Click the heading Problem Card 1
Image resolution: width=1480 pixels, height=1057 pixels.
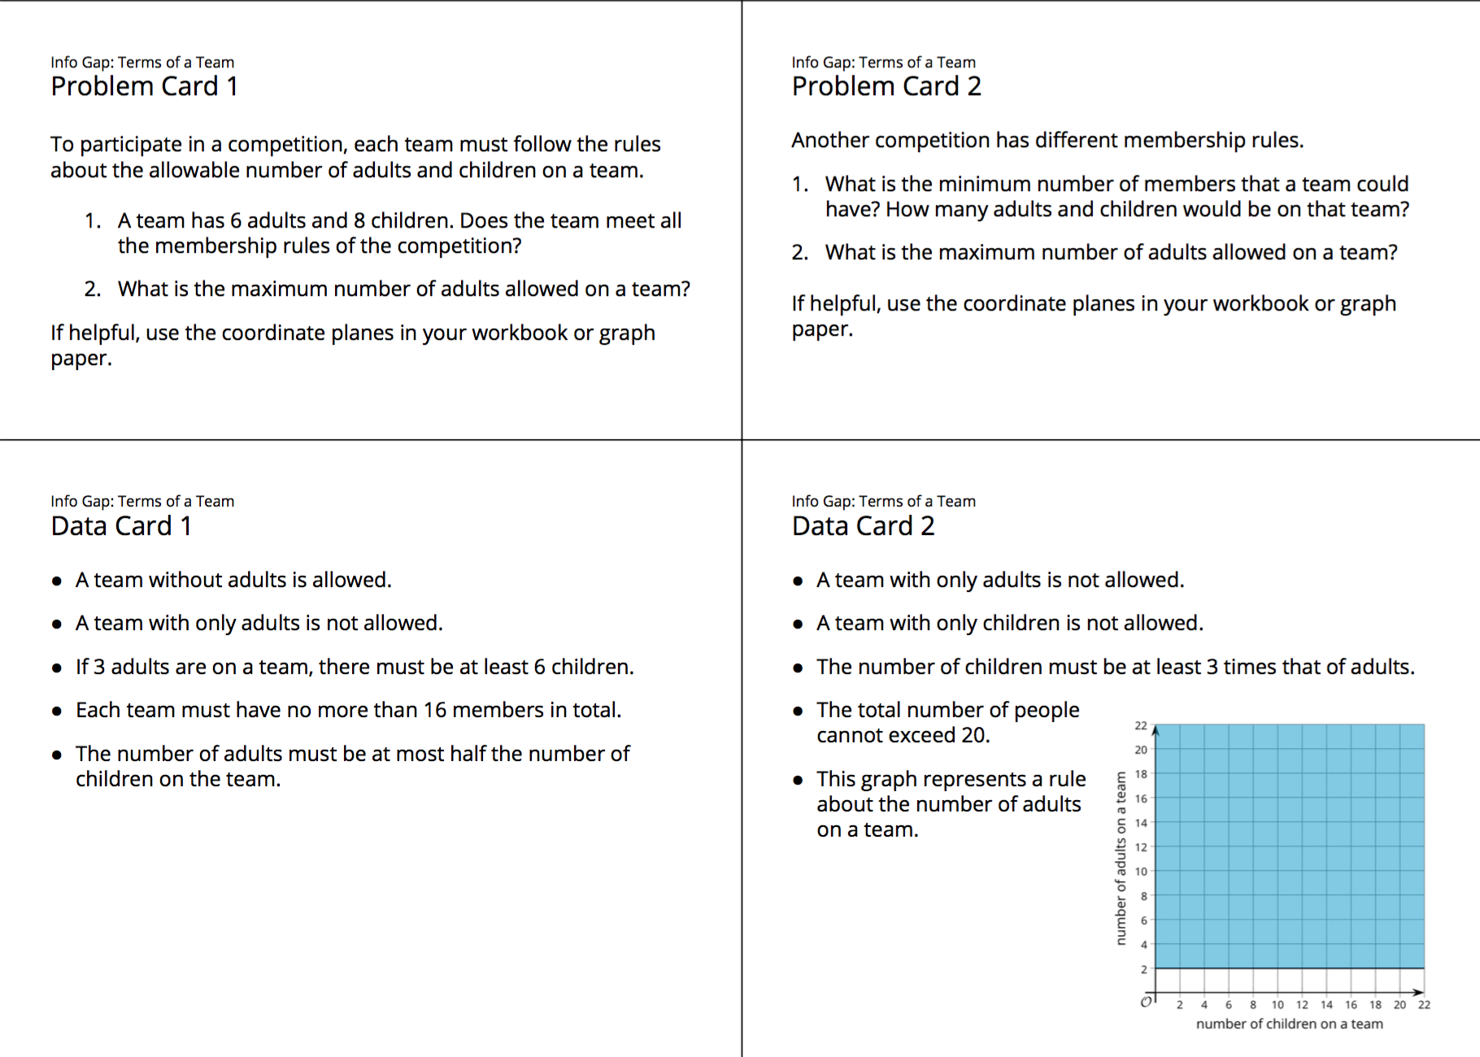tap(144, 86)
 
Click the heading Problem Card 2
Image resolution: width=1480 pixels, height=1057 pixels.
tap(886, 86)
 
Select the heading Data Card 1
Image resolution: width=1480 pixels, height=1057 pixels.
tap(121, 526)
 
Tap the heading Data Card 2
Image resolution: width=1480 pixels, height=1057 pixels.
tap(863, 526)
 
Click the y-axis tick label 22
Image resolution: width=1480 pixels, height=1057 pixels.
tap(1141, 725)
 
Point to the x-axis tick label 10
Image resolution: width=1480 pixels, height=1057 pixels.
tap(1278, 1005)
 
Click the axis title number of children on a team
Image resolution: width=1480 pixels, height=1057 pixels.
tap(1289, 1024)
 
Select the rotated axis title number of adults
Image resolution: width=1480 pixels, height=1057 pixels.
tap(1121, 859)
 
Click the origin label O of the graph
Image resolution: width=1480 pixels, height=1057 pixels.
tap(1146, 1002)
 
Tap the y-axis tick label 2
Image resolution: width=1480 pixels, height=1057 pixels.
tap(1143, 969)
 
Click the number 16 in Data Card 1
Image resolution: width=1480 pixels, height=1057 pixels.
tap(435, 710)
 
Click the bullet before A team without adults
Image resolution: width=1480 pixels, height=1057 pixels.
tap(57, 581)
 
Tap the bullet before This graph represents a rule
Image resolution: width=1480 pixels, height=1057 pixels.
tap(798, 780)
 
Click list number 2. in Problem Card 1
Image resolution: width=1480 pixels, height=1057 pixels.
tap(92, 289)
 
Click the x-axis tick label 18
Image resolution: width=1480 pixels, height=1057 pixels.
tap(1375, 1005)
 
